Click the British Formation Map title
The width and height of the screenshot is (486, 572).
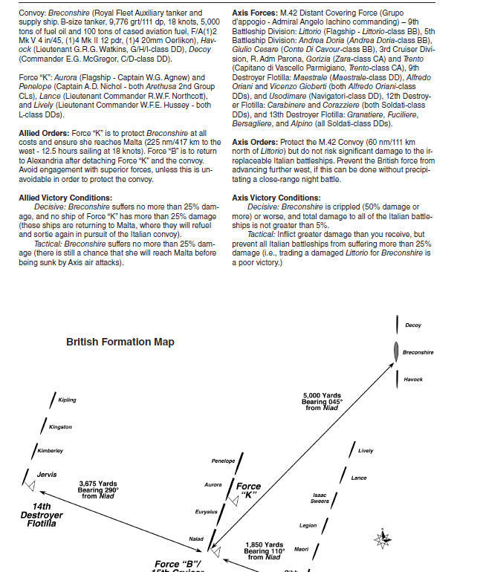pos(120,342)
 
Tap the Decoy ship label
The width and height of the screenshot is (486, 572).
pos(413,325)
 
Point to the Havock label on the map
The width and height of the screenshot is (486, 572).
pos(414,380)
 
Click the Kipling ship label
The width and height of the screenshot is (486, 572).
pos(67,400)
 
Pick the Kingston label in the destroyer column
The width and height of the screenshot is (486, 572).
pos(60,427)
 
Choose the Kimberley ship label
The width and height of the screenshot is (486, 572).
pos(51,451)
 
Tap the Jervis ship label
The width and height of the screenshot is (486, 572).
pos(47,474)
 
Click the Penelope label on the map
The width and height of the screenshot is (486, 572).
pos(223,461)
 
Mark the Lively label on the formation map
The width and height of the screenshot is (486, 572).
pos(366,451)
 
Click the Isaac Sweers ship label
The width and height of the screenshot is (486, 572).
pos(320,498)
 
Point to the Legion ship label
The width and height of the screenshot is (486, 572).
pos(308,525)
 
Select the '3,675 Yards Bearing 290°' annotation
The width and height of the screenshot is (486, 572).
pos(99,490)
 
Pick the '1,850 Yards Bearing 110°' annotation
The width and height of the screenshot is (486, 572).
pos(264,550)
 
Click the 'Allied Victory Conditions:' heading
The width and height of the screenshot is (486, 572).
pos(65,197)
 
